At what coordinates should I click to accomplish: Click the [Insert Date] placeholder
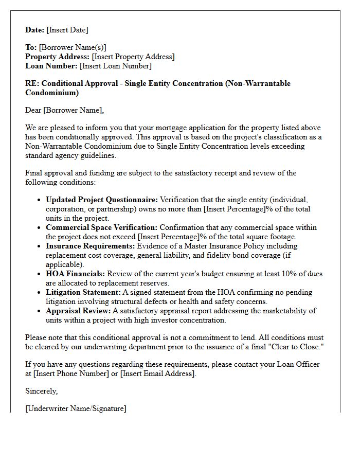click(67, 30)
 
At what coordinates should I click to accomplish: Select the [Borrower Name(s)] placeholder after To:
click(73, 48)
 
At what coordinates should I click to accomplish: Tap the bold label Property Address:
click(58, 57)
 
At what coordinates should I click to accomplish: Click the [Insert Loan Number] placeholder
click(116, 66)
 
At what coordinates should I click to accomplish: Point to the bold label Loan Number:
click(51, 66)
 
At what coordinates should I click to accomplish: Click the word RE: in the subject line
click(33, 84)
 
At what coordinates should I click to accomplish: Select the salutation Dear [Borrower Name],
click(64, 110)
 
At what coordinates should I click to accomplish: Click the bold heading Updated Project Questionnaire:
click(102, 200)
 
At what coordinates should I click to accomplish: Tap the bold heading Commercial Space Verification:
click(102, 227)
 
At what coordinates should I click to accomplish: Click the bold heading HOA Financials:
click(75, 274)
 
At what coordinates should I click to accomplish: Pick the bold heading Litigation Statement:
click(83, 292)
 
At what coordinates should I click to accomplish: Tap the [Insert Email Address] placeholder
click(158, 374)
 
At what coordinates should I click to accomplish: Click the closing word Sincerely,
click(42, 391)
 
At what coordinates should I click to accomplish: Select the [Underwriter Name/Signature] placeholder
click(76, 409)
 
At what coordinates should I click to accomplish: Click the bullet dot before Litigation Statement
click(40, 293)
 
